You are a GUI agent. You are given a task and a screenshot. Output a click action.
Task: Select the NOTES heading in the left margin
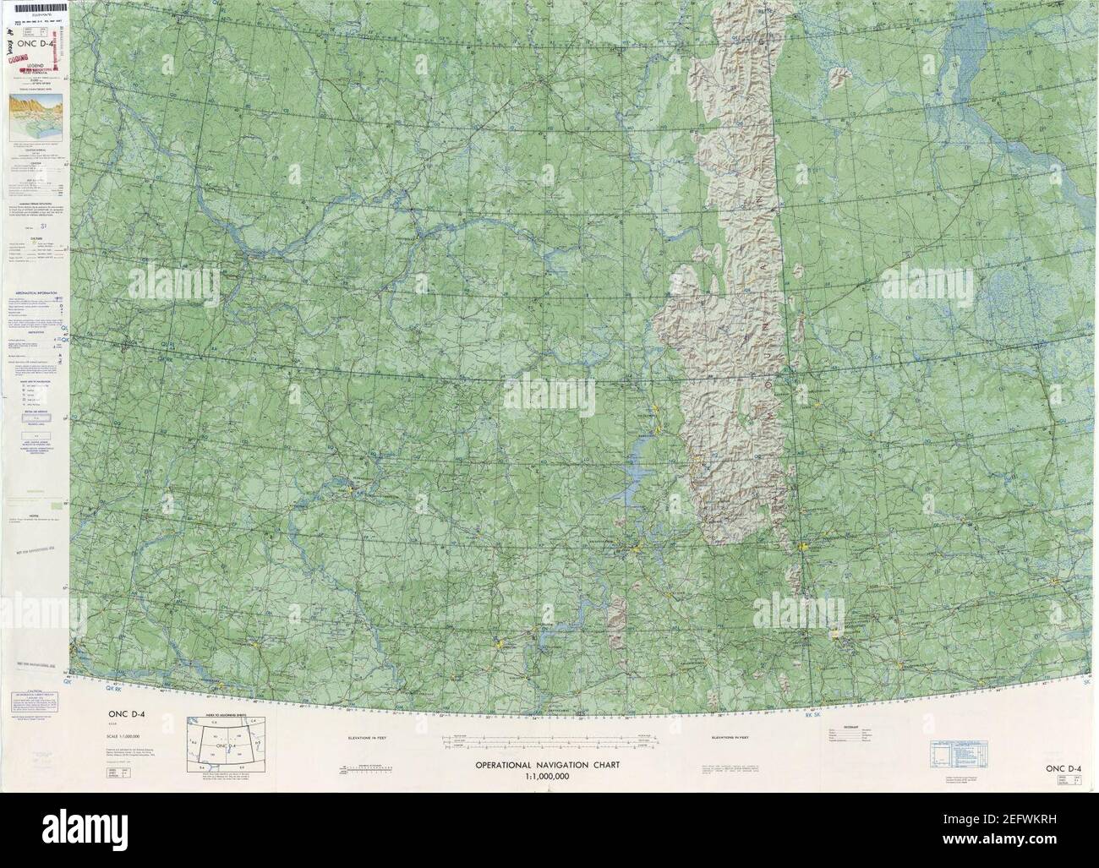(x=25, y=512)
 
